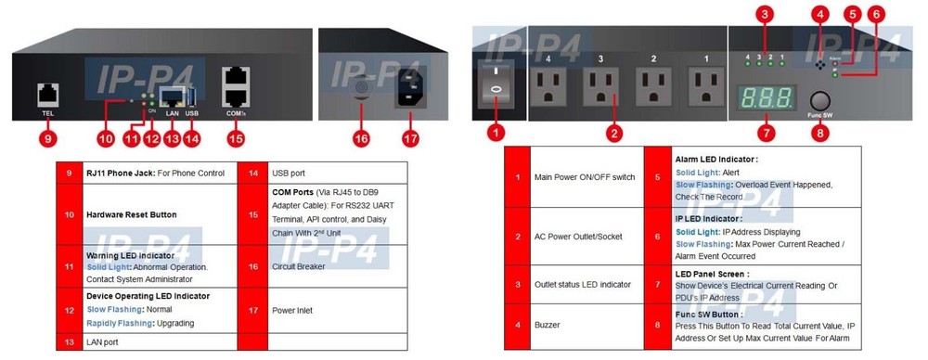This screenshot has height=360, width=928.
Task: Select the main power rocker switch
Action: (x=496, y=84)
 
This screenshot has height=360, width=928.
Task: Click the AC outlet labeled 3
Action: (x=600, y=86)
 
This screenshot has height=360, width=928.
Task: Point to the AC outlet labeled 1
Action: (x=707, y=86)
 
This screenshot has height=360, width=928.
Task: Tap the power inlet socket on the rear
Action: (x=412, y=90)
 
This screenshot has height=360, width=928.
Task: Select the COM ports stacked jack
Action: (x=235, y=84)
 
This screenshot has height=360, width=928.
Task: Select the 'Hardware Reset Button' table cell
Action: (x=130, y=214)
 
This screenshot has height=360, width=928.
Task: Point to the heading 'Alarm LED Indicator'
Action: (x=716, y=160)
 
